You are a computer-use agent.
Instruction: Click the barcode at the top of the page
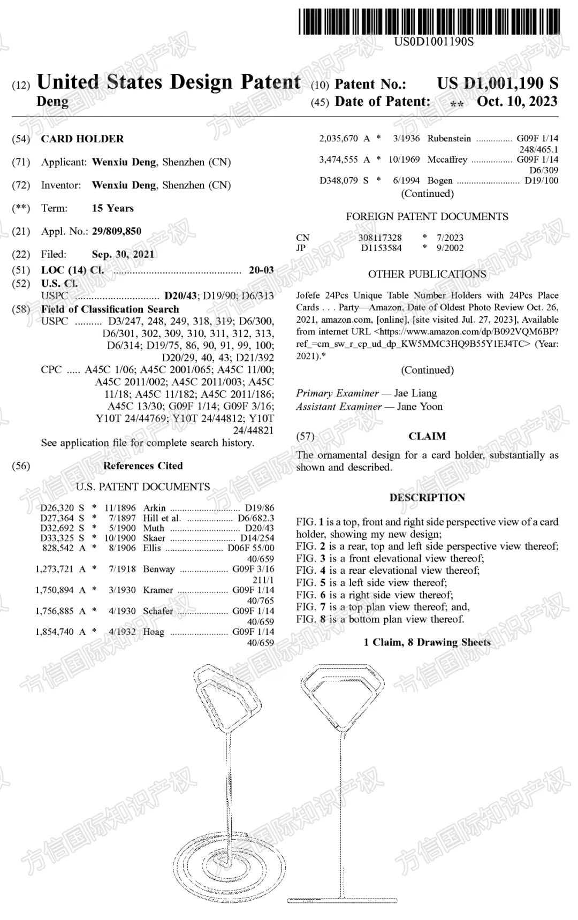(x=429, y=21)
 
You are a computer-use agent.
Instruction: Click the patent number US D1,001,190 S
(x=497, y=83)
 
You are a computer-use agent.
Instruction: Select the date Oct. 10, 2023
(x=517, y=102)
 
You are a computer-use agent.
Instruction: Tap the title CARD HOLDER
(x=82, y=139)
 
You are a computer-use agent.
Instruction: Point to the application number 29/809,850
(x=117, y=231)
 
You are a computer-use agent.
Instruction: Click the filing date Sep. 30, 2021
(x=123, y=254)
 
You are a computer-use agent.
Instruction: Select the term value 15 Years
(x=113, y=208)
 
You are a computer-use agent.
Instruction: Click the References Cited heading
(x=143, y=466)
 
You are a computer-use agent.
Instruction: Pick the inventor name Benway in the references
(x=158, y=569)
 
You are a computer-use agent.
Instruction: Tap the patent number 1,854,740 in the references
(x=54, y=632)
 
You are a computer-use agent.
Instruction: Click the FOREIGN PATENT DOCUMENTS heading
(x=427, y=217)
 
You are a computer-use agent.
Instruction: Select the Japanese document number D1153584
(x=381, y=248)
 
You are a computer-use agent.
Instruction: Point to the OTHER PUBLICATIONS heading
(x=427, y=274)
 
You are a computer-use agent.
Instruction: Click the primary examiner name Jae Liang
(x=415, y=393)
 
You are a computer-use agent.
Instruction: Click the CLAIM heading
(x=427, y=436)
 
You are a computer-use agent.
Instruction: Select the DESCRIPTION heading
(x=427, y=498)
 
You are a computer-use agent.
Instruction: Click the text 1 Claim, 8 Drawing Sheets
(x=427, y=642)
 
